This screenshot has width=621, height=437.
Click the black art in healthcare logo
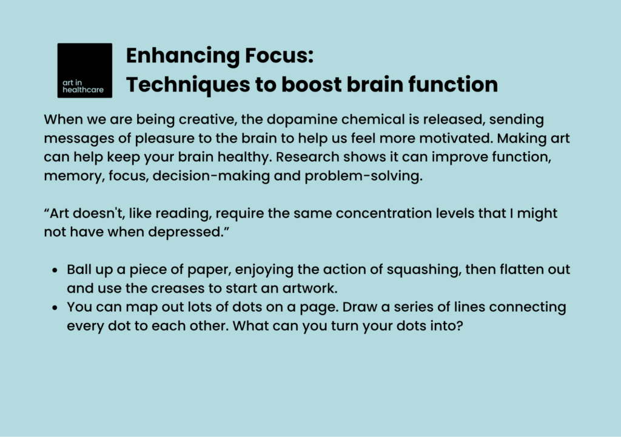click(84, 70)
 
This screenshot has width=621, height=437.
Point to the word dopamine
click(292, 119)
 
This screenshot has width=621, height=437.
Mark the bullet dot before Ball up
click(55, 270)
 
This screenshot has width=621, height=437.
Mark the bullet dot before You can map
click(55, 308)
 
